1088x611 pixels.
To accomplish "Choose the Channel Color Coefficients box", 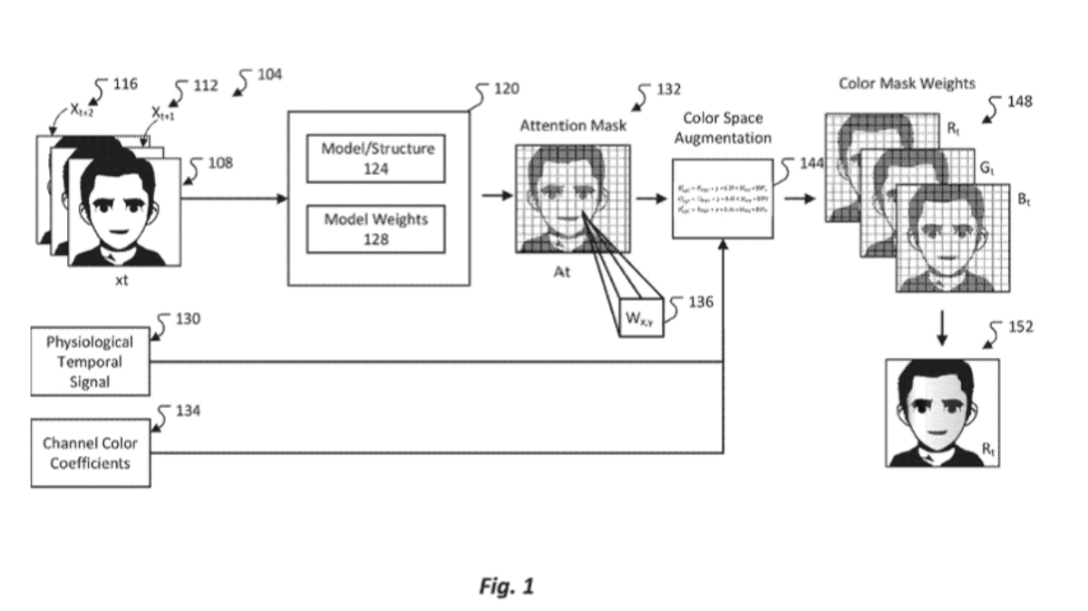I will pyautogui.click(x=90, y=452).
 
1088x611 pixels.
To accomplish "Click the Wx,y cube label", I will pyautogui.click(x=641, y=319).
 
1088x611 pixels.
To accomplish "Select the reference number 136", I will pyautogui.click(x=701, y=302).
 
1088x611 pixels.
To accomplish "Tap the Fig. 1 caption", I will pyautogui.click(x=506, y=587).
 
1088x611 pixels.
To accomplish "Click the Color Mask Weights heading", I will pyautogui.click(x=907, y=83).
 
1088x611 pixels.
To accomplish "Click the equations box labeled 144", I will pyautogui.click(x=724, y=198).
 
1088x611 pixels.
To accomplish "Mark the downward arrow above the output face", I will pyautogui.click(x=942, y=327).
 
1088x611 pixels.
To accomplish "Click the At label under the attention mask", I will pyautogui.click(x=562, y=273).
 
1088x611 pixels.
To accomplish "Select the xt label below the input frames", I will pyautogui.click(x=121, y=280).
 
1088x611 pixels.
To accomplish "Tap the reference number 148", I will pyautogui.click(x=1019, y=102).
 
